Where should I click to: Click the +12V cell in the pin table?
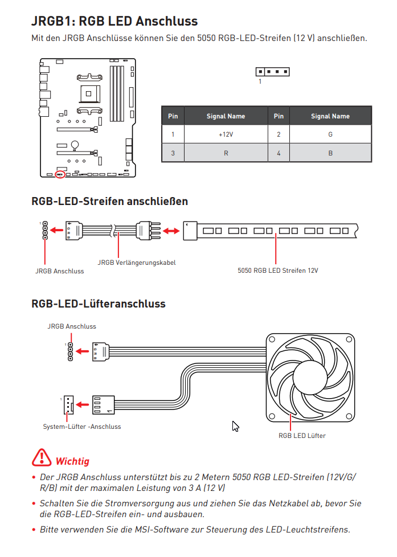226,134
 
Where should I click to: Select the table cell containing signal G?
330,134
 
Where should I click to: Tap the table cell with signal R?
226,153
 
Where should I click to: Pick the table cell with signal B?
330,153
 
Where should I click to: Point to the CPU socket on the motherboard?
88,94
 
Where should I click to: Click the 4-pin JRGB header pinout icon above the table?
273,72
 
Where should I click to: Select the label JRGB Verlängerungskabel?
137,263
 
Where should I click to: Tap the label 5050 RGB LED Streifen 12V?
278,271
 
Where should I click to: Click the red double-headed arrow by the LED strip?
171,231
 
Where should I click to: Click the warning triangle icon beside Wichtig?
42,457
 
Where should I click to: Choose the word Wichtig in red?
72,461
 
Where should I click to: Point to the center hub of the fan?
310,377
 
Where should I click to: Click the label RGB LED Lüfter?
302,436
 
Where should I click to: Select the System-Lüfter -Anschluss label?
82,426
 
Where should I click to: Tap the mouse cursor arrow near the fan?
235,426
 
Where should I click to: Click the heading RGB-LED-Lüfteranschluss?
99,304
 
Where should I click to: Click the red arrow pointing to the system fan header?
83,404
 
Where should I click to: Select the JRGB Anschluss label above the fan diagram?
72,326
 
